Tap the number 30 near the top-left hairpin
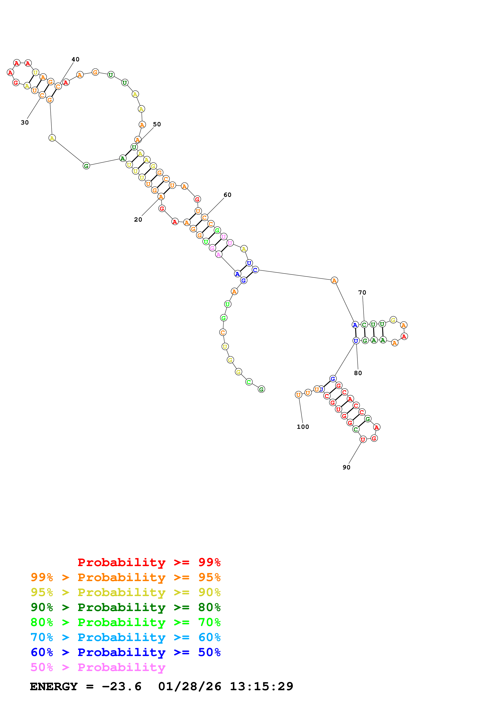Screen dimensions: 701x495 coord(25,122)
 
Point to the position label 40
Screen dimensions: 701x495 coord(75,59)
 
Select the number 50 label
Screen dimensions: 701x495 coord(157,124)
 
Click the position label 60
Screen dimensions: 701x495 coord(227,195)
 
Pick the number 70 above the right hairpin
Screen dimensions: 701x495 coord(362,293)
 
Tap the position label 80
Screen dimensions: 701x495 coord(358,373)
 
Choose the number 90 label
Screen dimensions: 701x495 coord(346,467)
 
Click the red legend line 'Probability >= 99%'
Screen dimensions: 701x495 coord(149,562)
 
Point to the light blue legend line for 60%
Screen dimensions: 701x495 coord(125,637)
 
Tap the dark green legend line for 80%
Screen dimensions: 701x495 coord(125,607)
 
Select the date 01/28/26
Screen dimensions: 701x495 coord(189,687)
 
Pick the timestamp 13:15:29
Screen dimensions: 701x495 coord(261,687)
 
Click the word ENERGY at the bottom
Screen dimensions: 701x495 coord(54,687)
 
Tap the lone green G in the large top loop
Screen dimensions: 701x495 coord(86,166)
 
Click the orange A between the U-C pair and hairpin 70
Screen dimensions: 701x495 coord(334,280)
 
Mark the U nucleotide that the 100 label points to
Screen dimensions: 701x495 coord(298,395)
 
